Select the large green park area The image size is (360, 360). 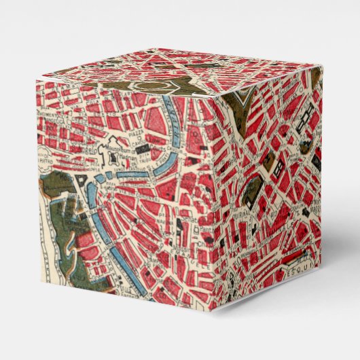point(58,224)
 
